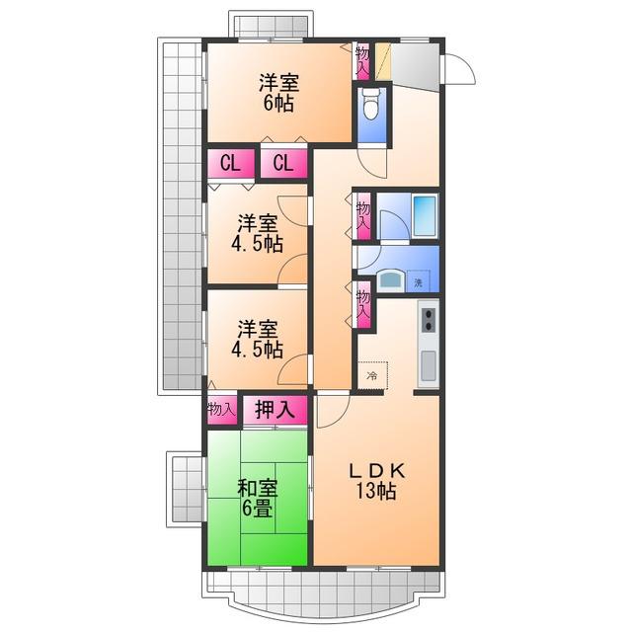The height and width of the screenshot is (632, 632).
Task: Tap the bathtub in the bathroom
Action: (425, 216)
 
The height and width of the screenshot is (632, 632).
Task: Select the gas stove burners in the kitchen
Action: (428, 319)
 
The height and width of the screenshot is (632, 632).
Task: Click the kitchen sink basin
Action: (429, 366)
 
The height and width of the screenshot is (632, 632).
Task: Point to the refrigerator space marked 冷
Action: (372, 375)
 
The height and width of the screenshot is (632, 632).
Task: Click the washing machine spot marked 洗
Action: (418, 281)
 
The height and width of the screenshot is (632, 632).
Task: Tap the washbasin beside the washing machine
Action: (391, 278)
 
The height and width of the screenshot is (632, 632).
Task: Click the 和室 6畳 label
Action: (257, 498)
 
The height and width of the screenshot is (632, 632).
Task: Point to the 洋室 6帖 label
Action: (278, 93)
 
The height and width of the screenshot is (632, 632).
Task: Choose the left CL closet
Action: (231, 163)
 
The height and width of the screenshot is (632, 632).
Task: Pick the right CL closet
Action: (283, 163)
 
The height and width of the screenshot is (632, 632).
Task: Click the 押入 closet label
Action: (276, 410)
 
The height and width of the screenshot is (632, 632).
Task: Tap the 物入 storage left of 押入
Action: (221, 410)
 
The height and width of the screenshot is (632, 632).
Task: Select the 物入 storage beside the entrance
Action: (362, 61)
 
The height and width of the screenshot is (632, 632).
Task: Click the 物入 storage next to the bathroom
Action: (363, 216)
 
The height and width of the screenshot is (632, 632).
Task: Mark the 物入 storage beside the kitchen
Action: (363, 305)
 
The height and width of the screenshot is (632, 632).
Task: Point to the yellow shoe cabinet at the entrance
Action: (383, 61)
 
